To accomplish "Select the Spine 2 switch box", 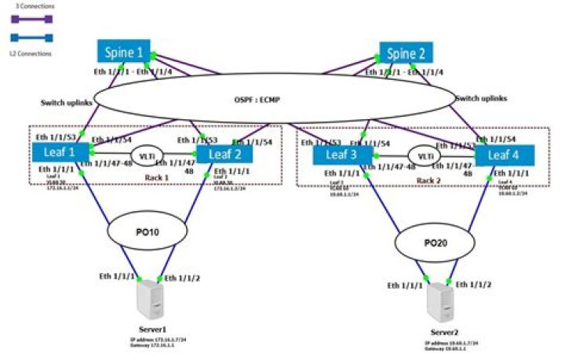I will click(406, 54).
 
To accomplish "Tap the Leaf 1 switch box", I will click(59, 151).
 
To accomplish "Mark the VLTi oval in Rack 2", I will click(425, 157).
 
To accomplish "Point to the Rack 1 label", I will click(157, 177).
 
